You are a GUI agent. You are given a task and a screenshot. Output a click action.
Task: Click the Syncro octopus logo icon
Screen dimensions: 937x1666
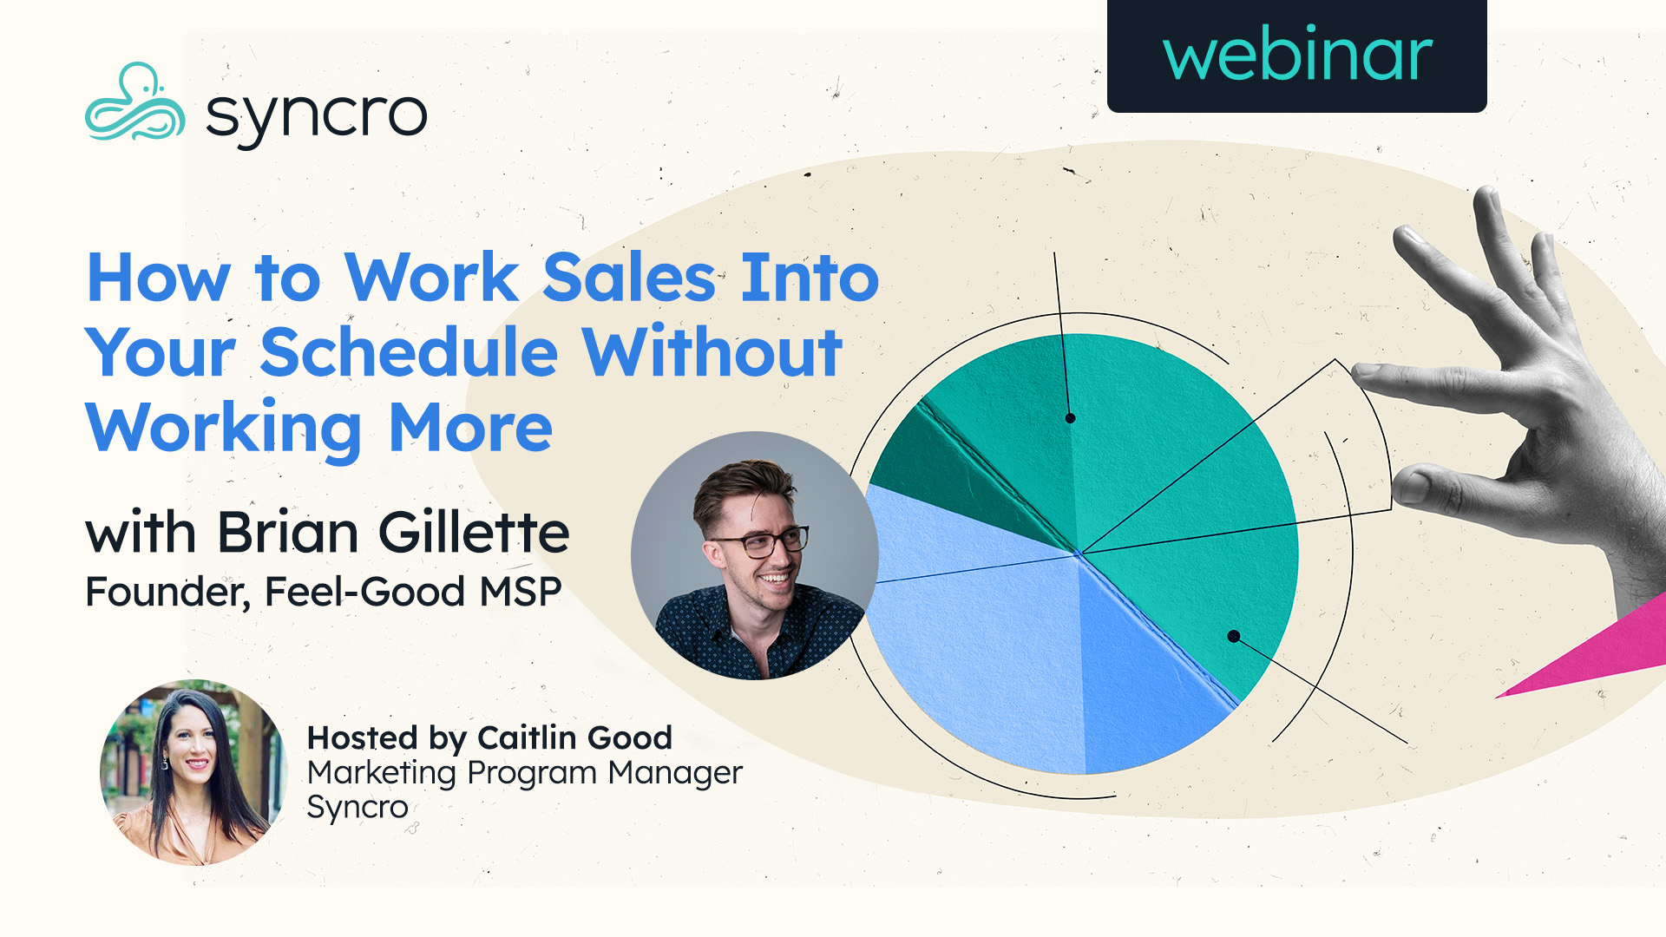134,104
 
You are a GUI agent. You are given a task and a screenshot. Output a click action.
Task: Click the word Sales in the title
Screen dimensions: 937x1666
629,278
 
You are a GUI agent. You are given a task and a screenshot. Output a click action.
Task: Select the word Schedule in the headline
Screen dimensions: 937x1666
408,353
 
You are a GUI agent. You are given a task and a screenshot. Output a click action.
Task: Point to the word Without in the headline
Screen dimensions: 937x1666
712,353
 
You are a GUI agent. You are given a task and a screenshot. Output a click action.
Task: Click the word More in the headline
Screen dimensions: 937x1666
470,429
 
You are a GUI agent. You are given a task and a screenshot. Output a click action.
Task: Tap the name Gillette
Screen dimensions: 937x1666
474,532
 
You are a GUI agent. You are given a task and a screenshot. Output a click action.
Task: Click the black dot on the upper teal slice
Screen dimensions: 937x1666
1070,418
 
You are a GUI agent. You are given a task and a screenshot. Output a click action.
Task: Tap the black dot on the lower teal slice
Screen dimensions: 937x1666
1233,637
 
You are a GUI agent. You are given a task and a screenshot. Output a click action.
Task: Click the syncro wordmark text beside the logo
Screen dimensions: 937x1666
317,116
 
